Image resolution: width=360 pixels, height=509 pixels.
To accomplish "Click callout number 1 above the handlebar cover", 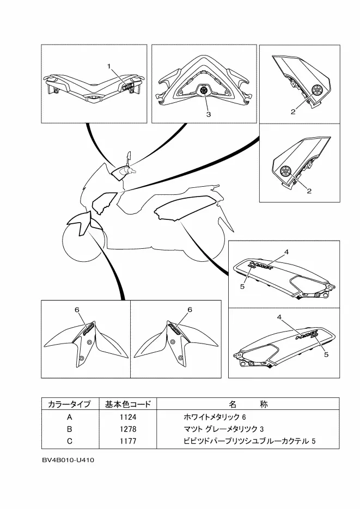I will point(109,66).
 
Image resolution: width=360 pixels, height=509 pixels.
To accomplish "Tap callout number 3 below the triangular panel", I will point(208,115).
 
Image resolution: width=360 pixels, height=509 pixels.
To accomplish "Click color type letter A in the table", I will point(69,418).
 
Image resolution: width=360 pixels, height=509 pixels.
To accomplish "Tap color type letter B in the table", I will point(69,429).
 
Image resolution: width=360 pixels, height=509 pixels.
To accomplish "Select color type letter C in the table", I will point(69,440).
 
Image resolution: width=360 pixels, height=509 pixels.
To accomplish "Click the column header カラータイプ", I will point(69,404).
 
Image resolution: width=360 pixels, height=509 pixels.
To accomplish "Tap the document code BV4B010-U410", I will point(68,461).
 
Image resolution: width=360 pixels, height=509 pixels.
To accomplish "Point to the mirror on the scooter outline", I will point(129,157).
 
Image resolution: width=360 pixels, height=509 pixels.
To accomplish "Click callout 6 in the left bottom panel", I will point(77,310).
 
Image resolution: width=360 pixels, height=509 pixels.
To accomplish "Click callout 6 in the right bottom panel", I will point(190,310).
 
